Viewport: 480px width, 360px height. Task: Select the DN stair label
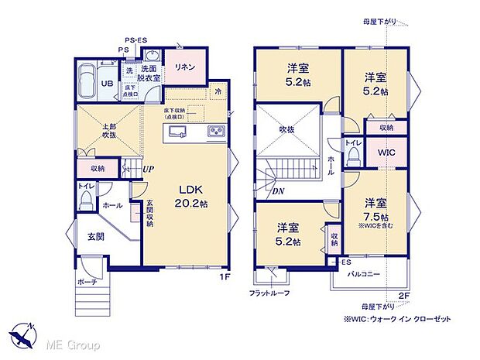pos(277,191)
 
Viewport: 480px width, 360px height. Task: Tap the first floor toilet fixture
pos(85,198)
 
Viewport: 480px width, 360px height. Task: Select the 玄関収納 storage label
pos(149,213)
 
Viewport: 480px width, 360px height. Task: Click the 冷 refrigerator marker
pos(218,91)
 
